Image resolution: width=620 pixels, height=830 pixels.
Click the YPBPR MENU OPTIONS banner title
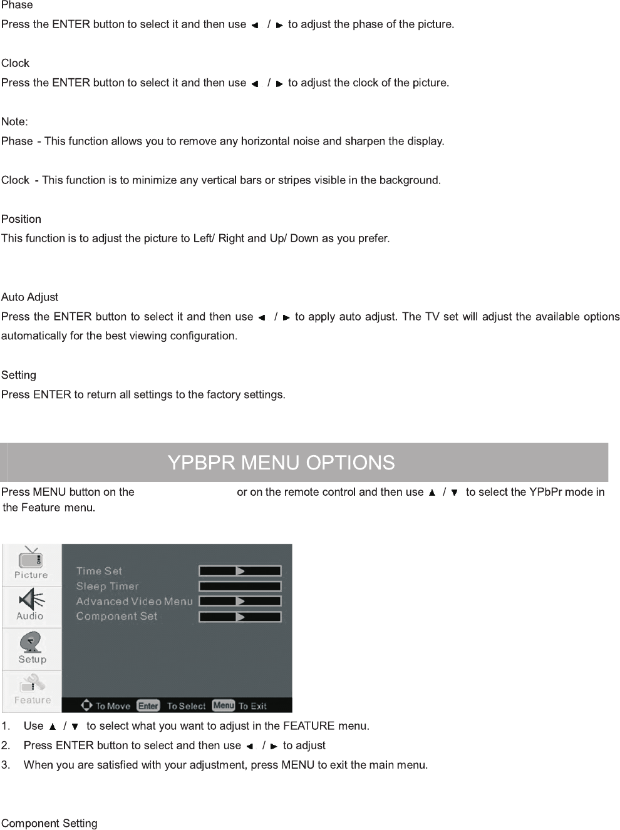(281, 463)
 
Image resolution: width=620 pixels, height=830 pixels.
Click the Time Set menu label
(99, 571)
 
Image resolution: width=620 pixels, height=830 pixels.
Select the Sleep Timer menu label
(107, 586)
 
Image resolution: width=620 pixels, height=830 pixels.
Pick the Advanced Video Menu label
(134, 601)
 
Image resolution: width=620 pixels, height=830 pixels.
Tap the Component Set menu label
(116, 616)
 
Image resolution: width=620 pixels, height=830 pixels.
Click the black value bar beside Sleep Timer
(240, 587)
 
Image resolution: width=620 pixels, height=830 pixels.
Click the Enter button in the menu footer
(148, 705)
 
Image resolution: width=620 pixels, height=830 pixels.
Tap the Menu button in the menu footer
(224, 705)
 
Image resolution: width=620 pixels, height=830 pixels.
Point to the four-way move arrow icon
(87, 705)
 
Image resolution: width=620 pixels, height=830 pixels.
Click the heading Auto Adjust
(29, 297)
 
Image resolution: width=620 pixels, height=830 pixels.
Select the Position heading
(21, 219)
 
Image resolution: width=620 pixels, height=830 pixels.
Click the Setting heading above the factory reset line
(19, 375)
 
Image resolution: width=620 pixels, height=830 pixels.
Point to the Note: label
(14, 121)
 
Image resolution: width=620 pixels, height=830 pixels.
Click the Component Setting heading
(49, 823)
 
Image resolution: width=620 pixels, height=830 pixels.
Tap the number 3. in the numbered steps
(6, 765)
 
